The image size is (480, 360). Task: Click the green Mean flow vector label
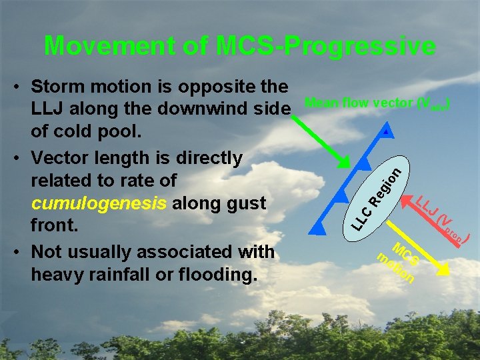point(377,103)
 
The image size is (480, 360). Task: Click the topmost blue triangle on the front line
point(386,133)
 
